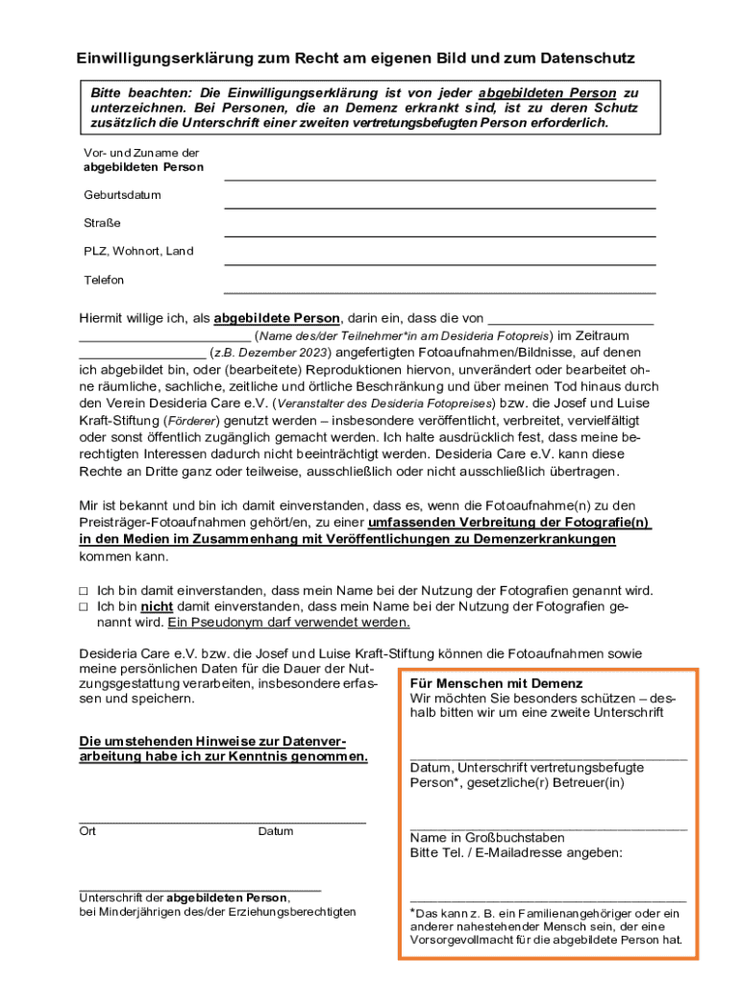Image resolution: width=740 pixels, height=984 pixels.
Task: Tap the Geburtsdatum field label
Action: pyautogui.click(x=122, y=195)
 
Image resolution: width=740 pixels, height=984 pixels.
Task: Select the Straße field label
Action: pyautogui.click(x=102, y=223)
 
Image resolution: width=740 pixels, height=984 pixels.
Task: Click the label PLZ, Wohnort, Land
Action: pyautogui.click(x=138, y=251)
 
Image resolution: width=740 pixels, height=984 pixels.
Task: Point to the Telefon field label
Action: pyautogui.click(x=104, y=280)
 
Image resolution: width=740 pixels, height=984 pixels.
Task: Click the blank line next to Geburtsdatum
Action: pyautogui.click(x=439, y=207)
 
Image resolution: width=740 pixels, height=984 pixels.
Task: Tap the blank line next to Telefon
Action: pyautogui.click(x=439, y=291)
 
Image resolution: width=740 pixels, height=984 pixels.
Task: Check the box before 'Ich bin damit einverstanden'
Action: pyautogui.click(x=84, y=591)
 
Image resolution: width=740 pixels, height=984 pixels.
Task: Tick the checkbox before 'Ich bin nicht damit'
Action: pyautogui.click(x=84, y=607)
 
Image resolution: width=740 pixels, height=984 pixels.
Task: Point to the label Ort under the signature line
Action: pyautogui.click(x=87, y=831)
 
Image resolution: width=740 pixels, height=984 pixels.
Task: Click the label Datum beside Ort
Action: pyautogui.click(x=276, y=831)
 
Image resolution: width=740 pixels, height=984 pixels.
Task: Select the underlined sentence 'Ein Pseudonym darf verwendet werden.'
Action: pyautogui.click(x=289, y=622)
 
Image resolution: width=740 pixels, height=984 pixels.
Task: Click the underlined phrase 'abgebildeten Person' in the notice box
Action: pyautogui.click(x=547, y=93)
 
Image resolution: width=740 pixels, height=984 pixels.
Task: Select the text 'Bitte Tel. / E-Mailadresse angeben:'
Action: pyautogui.click(x=516, y=852)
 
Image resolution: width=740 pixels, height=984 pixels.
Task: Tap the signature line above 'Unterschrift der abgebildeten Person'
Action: pyautogui.click(x=200, y=890)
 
